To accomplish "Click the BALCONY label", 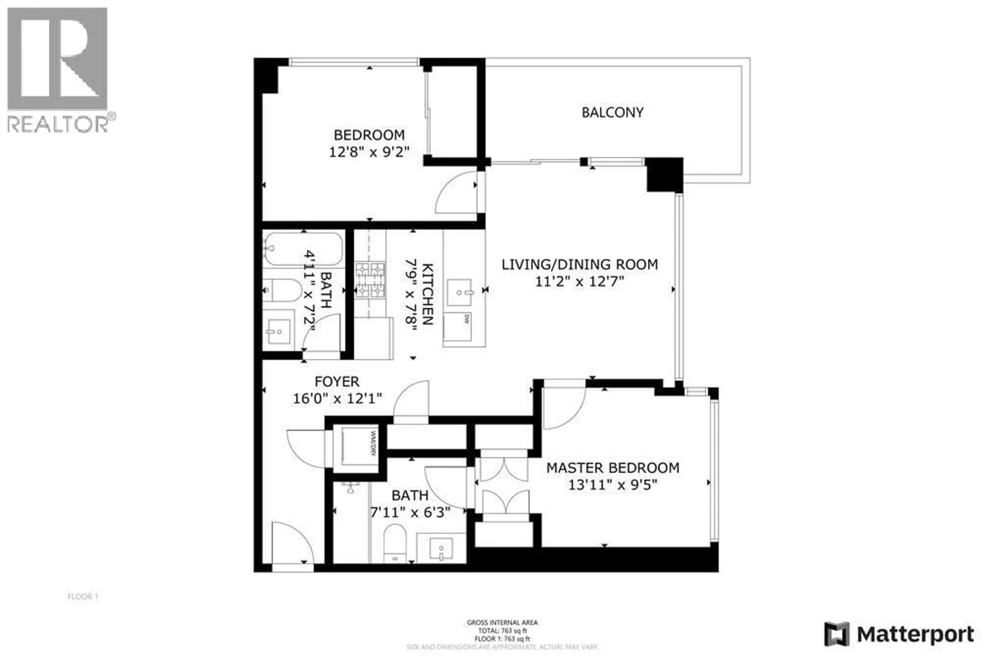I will pos(612,113).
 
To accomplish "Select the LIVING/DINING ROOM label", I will pos(579,264).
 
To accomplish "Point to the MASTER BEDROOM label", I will pos(612,468).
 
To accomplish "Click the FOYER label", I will pos(336,381).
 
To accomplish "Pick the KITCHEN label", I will pos(427,294).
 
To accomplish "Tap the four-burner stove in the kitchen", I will pos(370,280).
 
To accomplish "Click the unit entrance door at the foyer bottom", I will pos(293,544).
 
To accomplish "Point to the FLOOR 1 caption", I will pos(83,597).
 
